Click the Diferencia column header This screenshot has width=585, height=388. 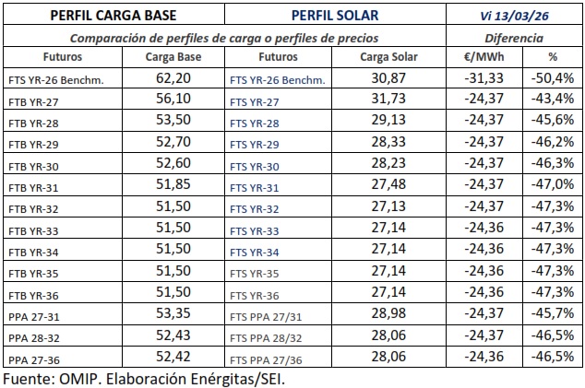(514, 39)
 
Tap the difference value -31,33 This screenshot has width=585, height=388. (479, 79)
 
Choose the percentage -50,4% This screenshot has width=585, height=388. (555, 79)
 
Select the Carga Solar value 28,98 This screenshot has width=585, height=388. (388, 315)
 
